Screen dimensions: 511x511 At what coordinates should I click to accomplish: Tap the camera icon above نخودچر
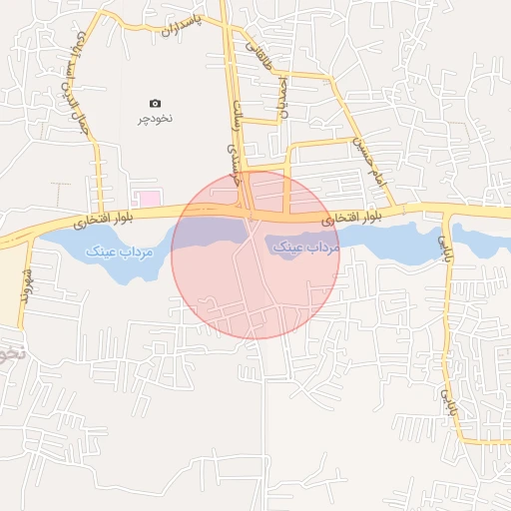(x=155, y=103)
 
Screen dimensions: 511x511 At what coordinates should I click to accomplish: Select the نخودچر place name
(x=155, y=118)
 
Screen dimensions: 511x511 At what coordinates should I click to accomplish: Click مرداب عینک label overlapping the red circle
(x=303, y=245)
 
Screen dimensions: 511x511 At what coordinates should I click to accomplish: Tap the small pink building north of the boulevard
(x=148, y=199)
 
